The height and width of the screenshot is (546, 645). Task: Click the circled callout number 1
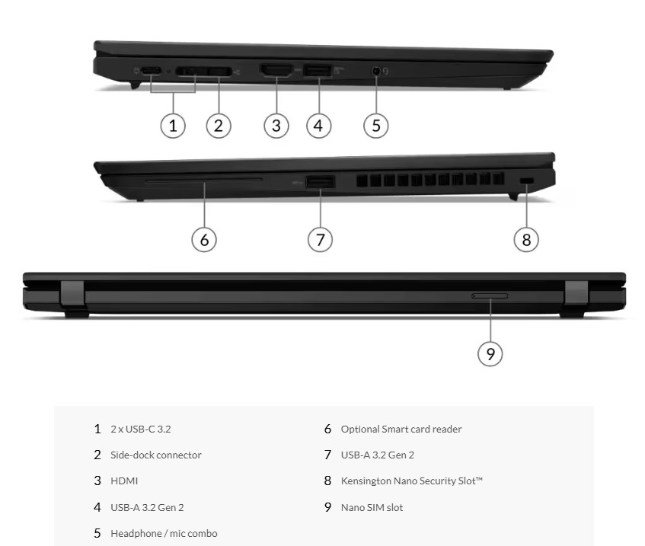click(173, 126)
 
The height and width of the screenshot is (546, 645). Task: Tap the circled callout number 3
click(276, 126)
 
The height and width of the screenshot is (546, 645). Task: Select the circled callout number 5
click(376, 126)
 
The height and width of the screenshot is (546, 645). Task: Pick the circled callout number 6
click(204, 240)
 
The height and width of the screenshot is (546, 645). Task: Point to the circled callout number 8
click(526, 239)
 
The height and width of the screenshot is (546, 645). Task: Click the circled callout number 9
click(490, 354)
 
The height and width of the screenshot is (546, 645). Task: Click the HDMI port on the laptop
click(276, 70)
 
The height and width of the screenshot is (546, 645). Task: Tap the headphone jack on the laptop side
click(376, 71)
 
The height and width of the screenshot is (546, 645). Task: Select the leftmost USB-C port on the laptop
click(151, 71)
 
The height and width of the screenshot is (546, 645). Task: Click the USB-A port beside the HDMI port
click(317, 71)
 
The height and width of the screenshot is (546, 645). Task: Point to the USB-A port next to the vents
click(320, 182)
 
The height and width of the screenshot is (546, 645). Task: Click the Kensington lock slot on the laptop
click(526, 180)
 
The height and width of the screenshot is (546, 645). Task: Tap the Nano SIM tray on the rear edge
click(490, 295)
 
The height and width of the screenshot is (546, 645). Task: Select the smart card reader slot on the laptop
click(203, 180)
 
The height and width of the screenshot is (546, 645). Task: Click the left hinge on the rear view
click(73, 294)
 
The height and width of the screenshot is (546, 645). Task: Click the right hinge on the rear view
click(576, 293)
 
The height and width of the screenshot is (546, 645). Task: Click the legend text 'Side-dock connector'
click(156, 455)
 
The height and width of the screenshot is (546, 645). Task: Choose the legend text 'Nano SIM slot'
click(372, 508)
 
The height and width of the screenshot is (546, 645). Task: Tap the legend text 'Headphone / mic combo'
click(164, 534)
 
